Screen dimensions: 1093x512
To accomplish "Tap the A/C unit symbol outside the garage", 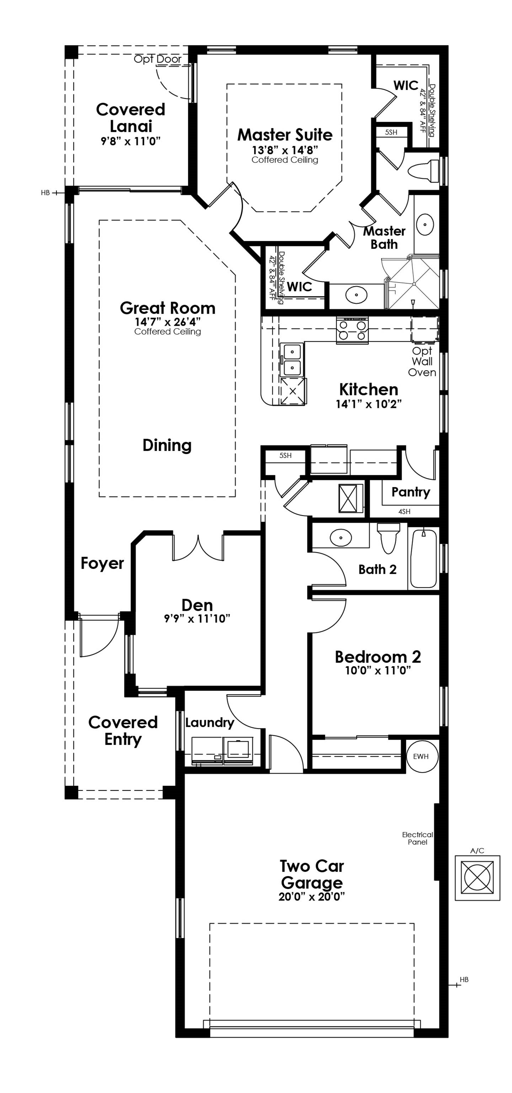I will click(x=477, y=878).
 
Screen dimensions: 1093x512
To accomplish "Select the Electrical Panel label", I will click(x=417, y=838).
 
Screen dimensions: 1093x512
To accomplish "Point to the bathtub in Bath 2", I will click(x=423, y=558).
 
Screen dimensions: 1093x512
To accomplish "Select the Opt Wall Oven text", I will click(x=422, y=362).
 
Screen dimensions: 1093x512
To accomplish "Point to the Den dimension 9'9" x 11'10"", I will click(x=197, y=619).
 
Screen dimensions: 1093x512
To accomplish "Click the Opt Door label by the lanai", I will click(x=158, y=59).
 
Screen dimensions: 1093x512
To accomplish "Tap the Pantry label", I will click(x=410, y=492).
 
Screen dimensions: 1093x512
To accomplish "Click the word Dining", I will click(x=167, y=445).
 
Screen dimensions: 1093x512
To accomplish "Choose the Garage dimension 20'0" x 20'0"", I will click(x=311, y=897).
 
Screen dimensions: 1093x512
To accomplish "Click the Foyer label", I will click(x=102, y=563).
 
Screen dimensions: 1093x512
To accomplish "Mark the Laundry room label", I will click(x=209, y=722).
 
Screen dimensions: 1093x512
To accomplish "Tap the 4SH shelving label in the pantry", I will click(x=404, y=512).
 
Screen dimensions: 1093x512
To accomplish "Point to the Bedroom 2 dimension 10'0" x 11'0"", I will click(x=378, y=670).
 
